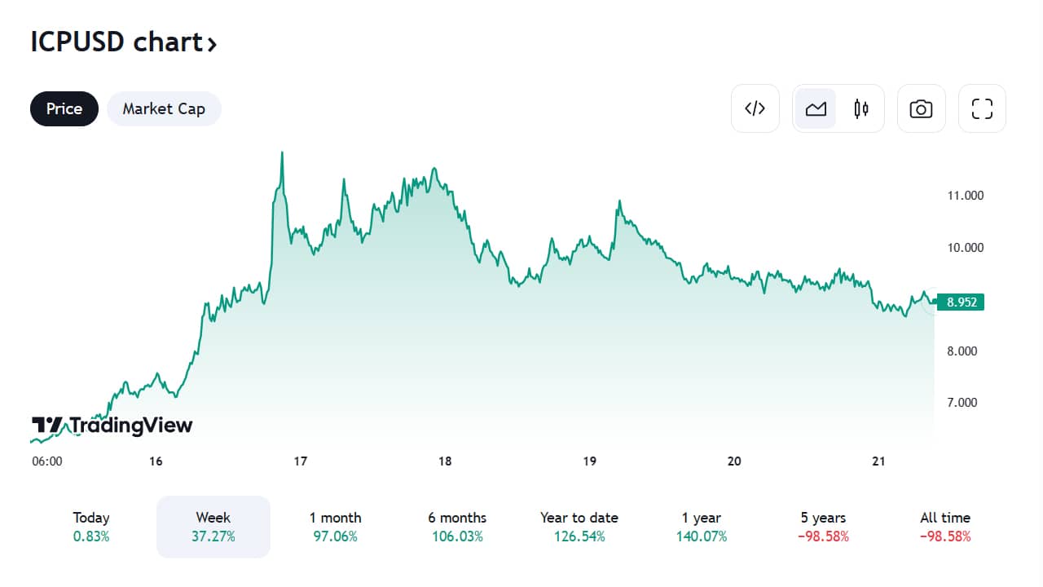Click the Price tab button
click(64, 108)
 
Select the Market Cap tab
click(164, 108)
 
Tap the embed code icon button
click(755, 108)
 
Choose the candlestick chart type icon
click(861, 108)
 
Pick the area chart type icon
click(816, 108)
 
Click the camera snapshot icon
click(921, 108)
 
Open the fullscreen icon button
click(982, 108)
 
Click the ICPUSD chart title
click(123, 42)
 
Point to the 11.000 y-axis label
click(966, 196)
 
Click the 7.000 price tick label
click(962, 403)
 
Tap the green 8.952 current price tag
click(961, 302)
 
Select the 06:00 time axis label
click(47, 461)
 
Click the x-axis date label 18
click(445, 461)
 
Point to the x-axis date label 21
click(878, 461)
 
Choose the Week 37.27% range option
click(213, 527)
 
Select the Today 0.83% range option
click(91, 527)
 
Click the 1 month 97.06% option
click(335, 527)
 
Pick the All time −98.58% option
click(945, 527)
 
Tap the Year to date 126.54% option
click(579, 527)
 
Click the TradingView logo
click(112, 426)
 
